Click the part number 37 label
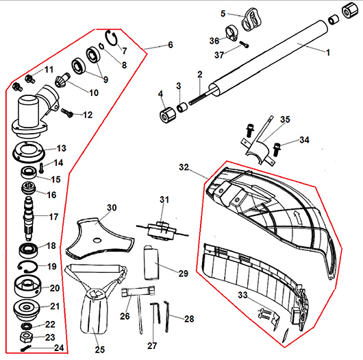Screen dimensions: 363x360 click(219, 55)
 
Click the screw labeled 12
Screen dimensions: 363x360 click(67, 112)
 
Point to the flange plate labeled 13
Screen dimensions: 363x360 click(28, 152)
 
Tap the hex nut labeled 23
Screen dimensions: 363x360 click(26, 337)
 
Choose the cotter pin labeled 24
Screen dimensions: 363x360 click(26, 348)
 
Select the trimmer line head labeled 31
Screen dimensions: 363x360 click(162, 231)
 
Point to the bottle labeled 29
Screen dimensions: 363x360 click(151, 263)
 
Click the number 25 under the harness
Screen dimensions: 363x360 click(100, 349)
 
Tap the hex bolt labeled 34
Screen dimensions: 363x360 click(277, 149)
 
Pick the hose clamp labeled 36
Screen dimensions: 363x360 click(231, 34)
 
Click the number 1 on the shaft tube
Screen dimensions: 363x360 click(328, 53)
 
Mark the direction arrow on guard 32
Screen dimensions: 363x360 click(297, 217)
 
